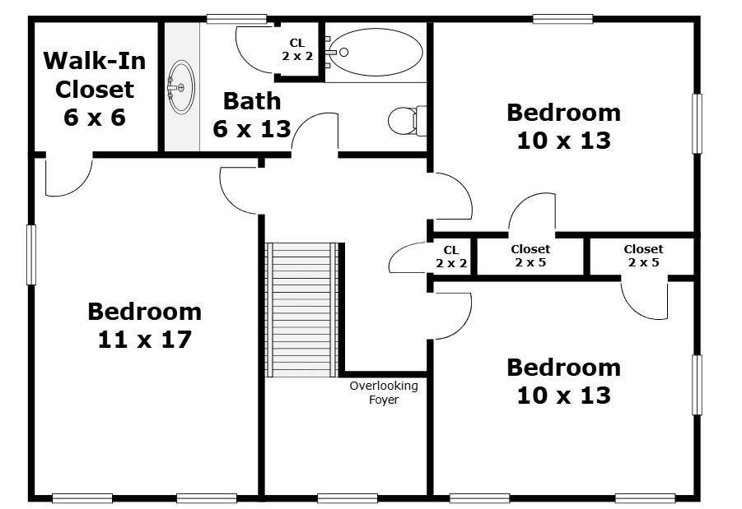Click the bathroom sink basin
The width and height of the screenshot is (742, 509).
coord(181,87)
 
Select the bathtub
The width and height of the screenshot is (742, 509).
coord(376,52)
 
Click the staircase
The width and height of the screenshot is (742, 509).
coord(301,309)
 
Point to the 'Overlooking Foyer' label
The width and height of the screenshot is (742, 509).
coord(384,393)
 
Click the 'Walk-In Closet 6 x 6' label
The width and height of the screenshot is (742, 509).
coord(95,89)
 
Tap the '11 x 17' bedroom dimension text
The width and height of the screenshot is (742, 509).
coord(144,340)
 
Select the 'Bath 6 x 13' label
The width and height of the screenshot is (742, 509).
coord(252,115)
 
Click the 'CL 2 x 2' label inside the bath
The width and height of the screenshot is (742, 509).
coord(297,49)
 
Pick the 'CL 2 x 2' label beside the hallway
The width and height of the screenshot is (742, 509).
coord(451,257)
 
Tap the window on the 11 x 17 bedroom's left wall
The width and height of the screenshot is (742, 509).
coord(31,255)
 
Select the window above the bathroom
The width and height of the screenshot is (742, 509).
coord(236,19)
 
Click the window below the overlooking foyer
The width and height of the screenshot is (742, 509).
coord(348,498)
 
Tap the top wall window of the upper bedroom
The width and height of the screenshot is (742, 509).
coord(562,19)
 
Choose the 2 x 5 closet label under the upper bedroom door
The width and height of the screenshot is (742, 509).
coord(530,256)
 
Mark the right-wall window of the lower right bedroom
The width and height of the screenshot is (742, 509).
coord(697,385)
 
